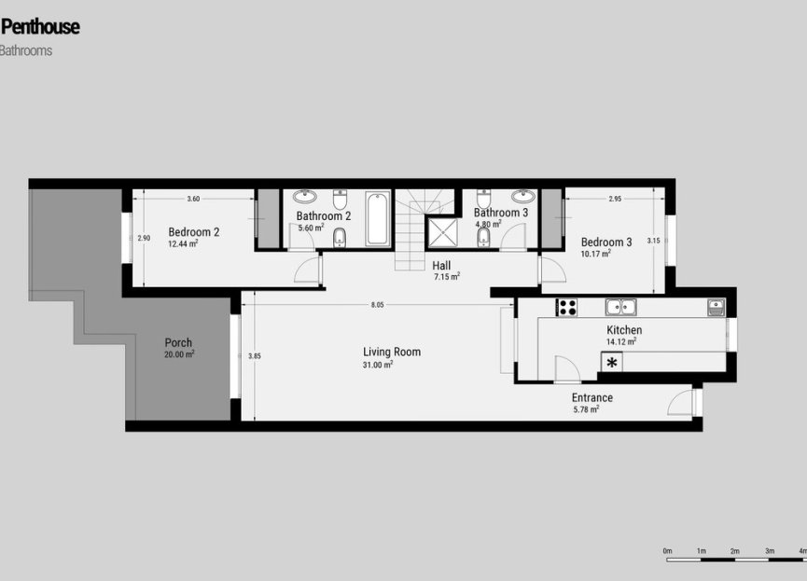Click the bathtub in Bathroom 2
coord(378,218)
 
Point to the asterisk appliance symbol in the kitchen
coord(612,363)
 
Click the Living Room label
coord(392,352)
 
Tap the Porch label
coord(178,342)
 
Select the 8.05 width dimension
coord(377,305)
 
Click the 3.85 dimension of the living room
coord(255,355)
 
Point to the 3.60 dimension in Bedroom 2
coord(193,199)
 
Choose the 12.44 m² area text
coord(183,244)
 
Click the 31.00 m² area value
coord(377,365)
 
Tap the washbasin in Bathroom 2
coord(305,198)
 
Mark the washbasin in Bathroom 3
coord(523,197)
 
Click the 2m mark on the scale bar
coord(735,551)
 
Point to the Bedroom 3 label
coord(606,242)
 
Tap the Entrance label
coord(592,397)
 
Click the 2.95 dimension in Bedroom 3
coord(615,199)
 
